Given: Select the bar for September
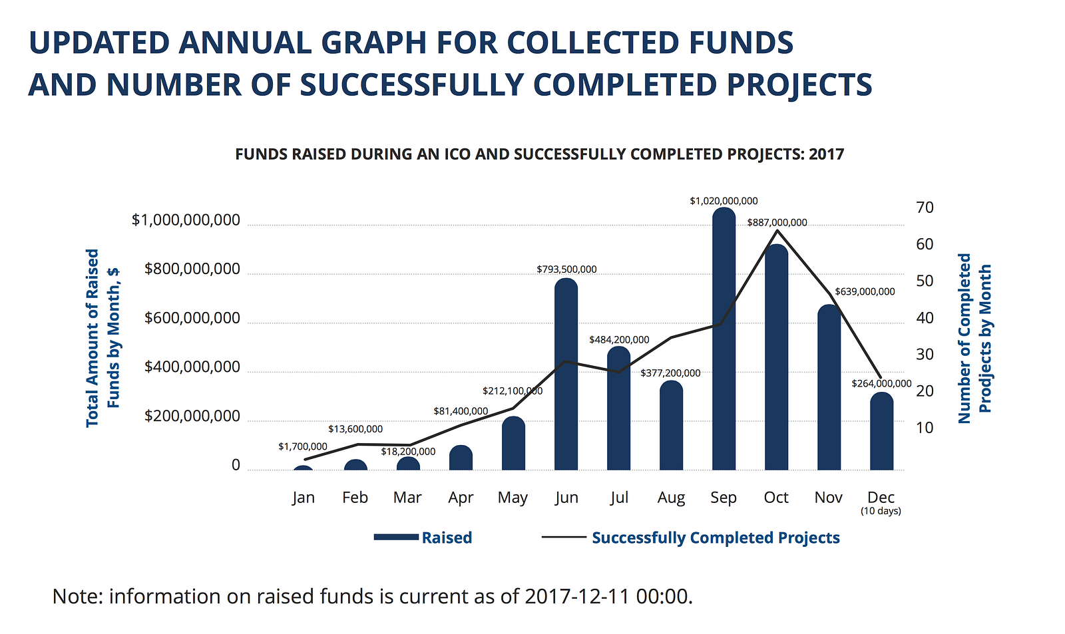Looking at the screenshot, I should click(x=724, y=339).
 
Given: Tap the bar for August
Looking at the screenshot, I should click(x=671, y=426).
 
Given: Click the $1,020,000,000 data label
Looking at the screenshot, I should click(x=724, y=201).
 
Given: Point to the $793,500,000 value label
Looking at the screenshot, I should click(x=566, y=269).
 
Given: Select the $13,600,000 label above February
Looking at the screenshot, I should click(x=355, y=429).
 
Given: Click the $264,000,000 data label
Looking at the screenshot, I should click(x=881, y=384).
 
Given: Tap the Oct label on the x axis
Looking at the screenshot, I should click(x=776, y=498).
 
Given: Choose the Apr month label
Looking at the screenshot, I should click(x=461, y=498).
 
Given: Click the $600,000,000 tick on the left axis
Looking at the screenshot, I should click(x=192, y=319).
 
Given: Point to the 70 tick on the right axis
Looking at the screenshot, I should click(x=925, y=208).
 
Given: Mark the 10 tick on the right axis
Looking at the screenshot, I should click(x=925, y=428).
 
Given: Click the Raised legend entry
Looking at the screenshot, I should click(x=447, y=538).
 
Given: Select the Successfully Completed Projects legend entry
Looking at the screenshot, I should click(x=716, y=538).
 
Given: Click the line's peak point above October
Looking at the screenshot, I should click(x=777, y=230).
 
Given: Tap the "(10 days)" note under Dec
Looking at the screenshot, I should click(x=881, y=511).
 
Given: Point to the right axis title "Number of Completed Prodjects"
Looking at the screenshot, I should click(x=974, y=338).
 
